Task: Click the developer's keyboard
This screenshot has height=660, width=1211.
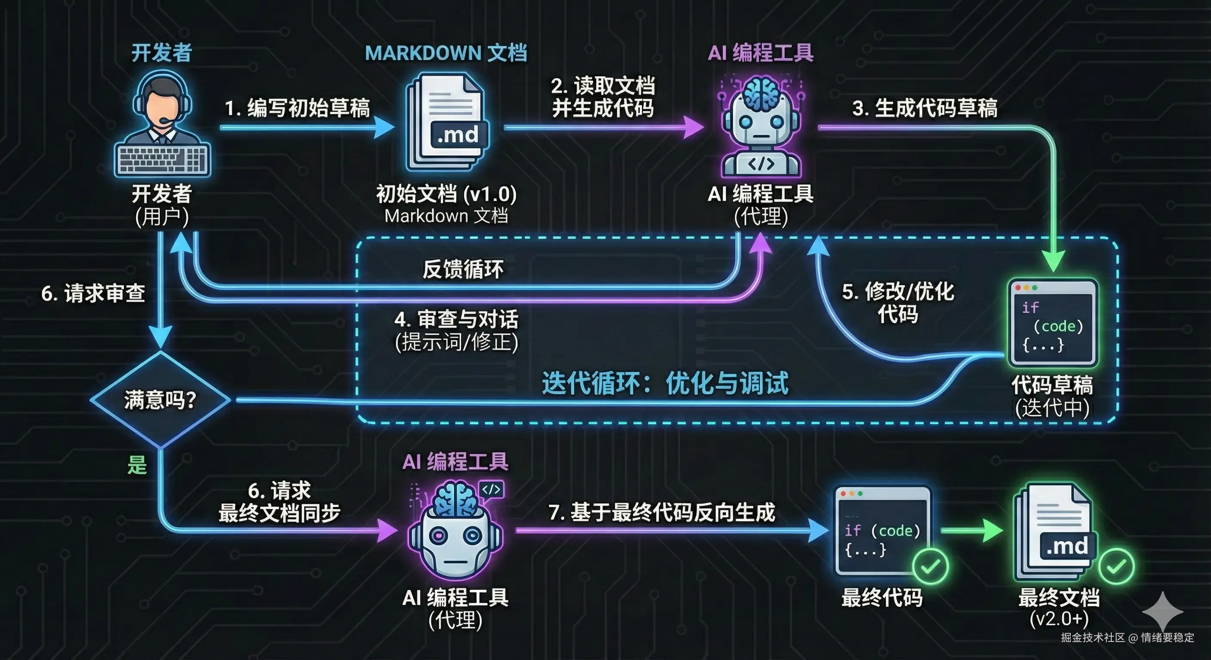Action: (162, 160)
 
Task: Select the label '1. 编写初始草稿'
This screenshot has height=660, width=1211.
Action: (297, 108)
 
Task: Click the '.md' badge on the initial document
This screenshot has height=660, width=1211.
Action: (458, 135)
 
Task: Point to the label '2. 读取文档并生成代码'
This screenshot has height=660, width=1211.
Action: (603, 97)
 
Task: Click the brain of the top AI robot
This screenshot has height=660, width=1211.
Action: (762, 94)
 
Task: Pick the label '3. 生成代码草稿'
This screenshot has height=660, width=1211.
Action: (925, 108)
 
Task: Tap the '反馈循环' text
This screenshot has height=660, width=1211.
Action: (463, 269)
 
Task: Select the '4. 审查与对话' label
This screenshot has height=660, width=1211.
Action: (456, 319)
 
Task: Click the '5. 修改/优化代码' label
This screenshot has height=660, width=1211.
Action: (898, 302)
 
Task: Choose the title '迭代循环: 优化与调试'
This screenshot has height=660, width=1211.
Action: (665, 383)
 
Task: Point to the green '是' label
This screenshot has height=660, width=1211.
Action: (137, 465)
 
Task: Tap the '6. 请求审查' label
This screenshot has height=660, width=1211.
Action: (93, 293)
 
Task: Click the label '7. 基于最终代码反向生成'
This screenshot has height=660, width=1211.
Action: (661, 512)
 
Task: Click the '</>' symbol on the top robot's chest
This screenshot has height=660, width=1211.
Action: (761, 163)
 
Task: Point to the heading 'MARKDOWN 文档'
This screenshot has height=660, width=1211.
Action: (446, 53)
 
